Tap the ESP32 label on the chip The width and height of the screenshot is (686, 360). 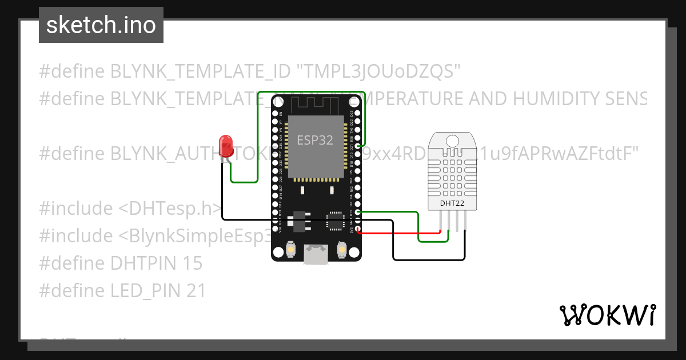pos(314,140)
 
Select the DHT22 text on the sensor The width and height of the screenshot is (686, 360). pos(452,203)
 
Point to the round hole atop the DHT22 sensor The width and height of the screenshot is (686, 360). pos(452,140)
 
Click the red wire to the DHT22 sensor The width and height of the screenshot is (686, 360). pos(400,233)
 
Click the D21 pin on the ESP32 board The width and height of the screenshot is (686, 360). pos(358,147)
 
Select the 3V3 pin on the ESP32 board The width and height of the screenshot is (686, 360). pos(358,230)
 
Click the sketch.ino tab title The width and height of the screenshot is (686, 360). pos(101,25)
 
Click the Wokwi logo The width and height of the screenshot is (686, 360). pos(607,315)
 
